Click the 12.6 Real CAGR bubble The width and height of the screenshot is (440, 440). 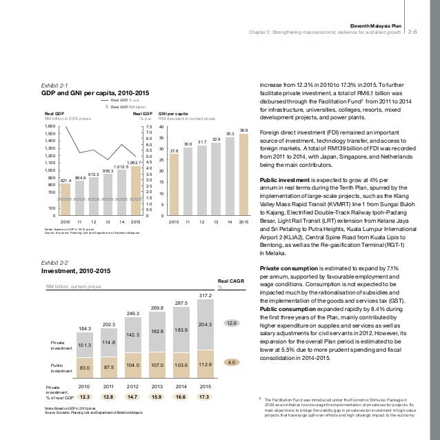coord(232,322)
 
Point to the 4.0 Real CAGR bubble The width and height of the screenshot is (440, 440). coord(232,361)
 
